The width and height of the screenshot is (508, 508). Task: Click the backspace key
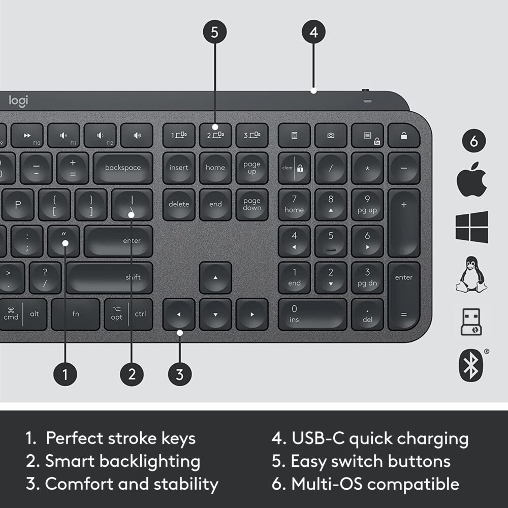point(122,168)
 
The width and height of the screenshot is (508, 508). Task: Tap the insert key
point(179,168)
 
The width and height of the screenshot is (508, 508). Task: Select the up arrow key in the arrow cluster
point(215,277)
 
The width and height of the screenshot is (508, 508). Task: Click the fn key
point(76,314)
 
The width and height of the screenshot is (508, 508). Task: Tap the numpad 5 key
point(331,241)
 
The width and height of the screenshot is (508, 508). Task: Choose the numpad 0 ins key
point(312,314)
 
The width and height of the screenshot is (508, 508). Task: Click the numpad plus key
point(404,223)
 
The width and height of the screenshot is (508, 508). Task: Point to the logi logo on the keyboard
point(19,101)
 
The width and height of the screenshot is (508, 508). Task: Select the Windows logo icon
point(471,227)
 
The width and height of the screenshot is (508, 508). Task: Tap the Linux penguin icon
point(471,275)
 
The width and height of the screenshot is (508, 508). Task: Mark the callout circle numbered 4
point(313,33)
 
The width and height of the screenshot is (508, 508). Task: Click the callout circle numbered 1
point(65,375)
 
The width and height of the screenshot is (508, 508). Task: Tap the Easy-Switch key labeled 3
point(251,136)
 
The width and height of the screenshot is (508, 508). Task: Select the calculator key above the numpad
point(294,136)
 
